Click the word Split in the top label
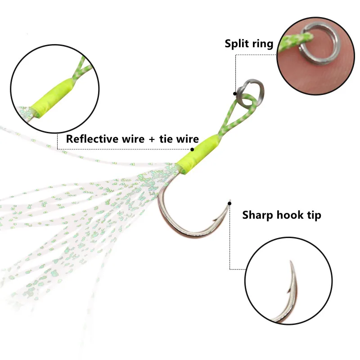pyautogui.click(x=237, y=44)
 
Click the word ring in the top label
pyautogui.click(x=263, y=44)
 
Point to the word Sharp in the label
pyautogui.click(x=258, y=215)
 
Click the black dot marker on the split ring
pyautogui.click(x=234, y=94)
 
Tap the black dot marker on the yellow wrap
pyautogui.click(x=192, y=149)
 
